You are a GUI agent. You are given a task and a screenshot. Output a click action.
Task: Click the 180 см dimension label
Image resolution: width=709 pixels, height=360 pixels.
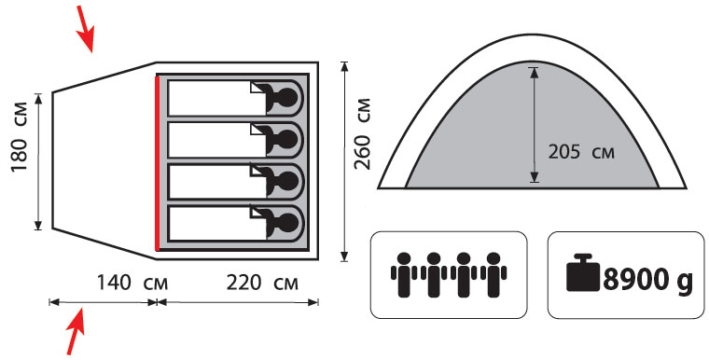[19, 137]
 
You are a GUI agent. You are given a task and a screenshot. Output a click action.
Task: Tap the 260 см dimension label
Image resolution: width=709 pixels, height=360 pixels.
[362, 133]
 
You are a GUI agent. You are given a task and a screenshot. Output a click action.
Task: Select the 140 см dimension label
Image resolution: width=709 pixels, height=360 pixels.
[132, 284]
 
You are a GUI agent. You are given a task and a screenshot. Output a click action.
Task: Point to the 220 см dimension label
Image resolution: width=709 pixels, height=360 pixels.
[262, 284]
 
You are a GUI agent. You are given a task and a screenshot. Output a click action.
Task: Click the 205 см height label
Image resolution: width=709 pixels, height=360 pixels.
[581, 152]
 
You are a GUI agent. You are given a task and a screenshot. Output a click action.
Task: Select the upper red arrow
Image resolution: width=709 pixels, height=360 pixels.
[85, 29]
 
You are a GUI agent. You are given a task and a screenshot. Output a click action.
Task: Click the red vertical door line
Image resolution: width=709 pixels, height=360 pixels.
[157, 163]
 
